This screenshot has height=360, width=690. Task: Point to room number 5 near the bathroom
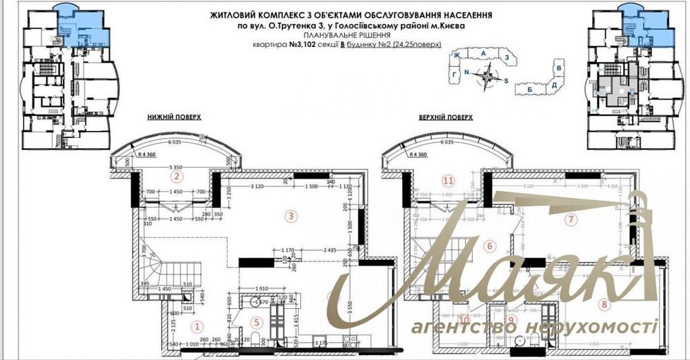click(x=256, y=321)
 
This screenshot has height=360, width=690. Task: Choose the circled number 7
click(x=570, y=220)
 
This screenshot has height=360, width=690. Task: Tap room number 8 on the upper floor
click(x=604, y=303)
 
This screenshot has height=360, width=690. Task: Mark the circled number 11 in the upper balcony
click(x=448, y=181)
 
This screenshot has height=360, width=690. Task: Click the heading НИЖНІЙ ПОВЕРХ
click(x=174, y=118)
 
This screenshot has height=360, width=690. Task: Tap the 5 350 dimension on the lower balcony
click(x=181, y=168)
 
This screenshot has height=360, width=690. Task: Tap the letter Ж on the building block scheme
click(x=456, y=54)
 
